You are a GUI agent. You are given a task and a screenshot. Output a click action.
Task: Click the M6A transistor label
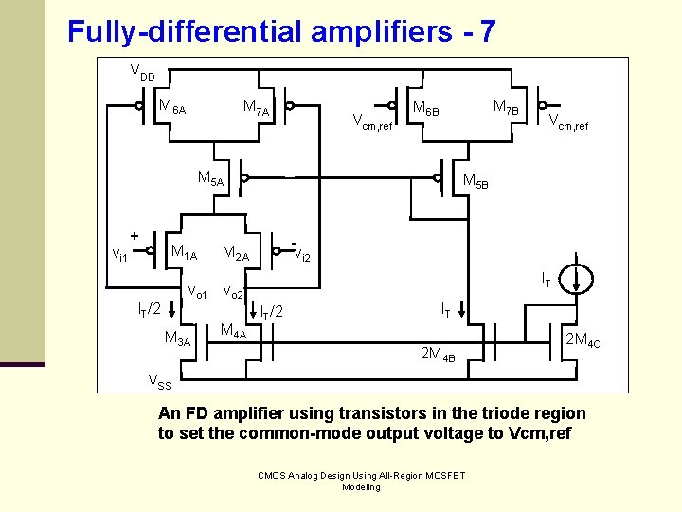point(172,107)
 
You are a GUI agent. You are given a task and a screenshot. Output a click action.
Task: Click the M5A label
point(210,178)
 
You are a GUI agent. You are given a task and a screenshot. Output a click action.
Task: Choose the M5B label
point(475,181)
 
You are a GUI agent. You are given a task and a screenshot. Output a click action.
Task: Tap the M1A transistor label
point(184,253)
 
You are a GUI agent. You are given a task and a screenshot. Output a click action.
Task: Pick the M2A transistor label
point(235,253)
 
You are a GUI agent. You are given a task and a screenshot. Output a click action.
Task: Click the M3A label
point(177,338)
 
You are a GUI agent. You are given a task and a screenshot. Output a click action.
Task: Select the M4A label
point(233,331)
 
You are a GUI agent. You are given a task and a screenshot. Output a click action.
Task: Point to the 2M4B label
point(438,355)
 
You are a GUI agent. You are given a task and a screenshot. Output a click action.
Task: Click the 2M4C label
point(583,339)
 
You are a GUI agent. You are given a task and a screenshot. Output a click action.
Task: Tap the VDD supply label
point(143,72)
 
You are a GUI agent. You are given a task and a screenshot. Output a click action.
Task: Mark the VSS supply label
point(160,381)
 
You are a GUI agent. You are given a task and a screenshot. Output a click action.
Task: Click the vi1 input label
point(120,255)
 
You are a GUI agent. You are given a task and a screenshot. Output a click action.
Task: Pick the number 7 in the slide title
point(487,32)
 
